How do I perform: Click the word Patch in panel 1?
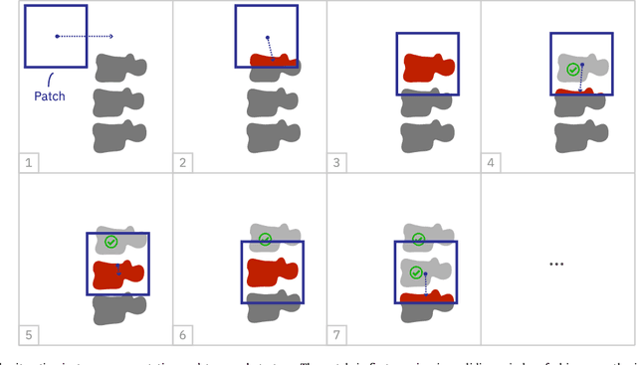coord(50,96)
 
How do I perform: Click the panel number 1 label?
coord(30,160)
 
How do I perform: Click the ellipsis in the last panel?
coord(556,264)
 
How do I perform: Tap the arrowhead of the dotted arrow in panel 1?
coord(110,36)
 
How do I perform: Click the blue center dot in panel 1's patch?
coord(57,36)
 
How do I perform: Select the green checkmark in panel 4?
coord(571,70)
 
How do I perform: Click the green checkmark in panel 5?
coord(110,242)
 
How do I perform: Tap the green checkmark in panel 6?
coord(265,239)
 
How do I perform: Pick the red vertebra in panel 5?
coord(117,274)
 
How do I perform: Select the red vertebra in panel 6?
coord(272,272)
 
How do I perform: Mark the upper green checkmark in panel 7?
coord(418,239)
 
